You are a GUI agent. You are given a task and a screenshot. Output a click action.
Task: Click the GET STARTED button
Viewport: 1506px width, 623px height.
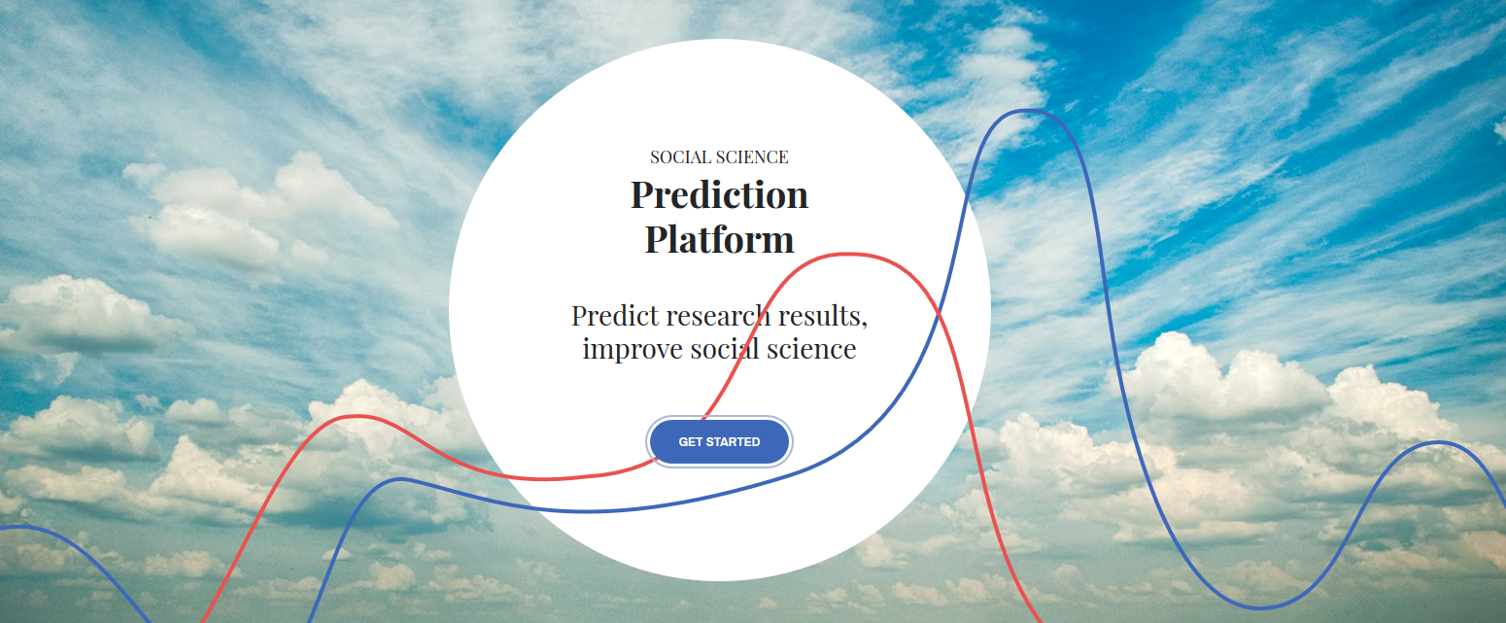click(719, 442)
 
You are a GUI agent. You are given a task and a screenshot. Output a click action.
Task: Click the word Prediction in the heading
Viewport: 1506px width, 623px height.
click(719, 194)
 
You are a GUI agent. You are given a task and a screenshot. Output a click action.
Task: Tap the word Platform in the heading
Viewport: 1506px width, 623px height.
click(719, 239)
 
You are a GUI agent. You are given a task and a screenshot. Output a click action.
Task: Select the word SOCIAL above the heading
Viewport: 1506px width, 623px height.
click(681, 156)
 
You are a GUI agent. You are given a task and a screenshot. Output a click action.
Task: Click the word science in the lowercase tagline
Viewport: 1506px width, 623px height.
click(811, 349)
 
